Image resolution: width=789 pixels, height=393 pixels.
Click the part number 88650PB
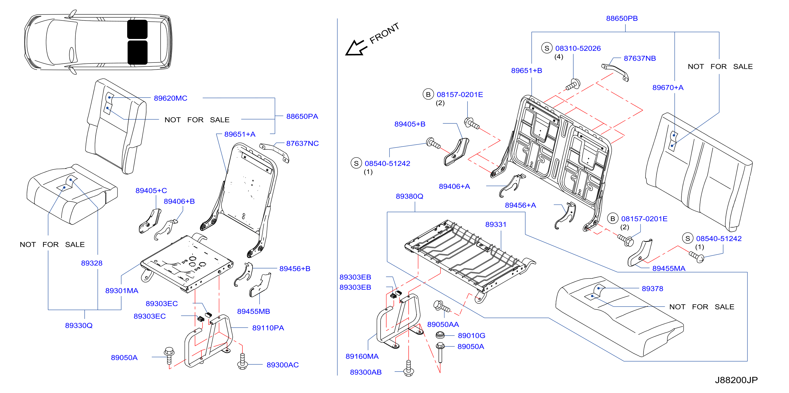[x=622, y=19]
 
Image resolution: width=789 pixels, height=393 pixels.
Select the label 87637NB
[x=640, y=58]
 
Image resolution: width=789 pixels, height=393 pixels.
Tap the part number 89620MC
[x=171, y=98]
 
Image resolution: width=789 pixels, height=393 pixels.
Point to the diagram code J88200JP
[x=736, y=380]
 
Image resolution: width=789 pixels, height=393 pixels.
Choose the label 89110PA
[x=268, y=328]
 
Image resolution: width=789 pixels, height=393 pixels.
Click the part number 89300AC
[x=283, y=365]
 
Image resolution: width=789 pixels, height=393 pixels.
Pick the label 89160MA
[x=362, y=356]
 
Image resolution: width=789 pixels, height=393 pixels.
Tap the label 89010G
[x=471, y=336]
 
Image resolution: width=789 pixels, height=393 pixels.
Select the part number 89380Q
[x=410, y=196]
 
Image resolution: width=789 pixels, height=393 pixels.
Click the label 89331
[x=496, y=225]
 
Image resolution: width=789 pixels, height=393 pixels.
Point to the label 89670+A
[x=668, y=88]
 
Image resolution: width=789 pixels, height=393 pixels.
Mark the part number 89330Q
[x=79, y=325]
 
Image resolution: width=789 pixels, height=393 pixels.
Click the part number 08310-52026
[x=578, y=48]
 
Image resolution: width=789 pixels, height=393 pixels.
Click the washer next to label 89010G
[x=440, y=335]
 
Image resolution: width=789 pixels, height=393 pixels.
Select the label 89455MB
[x=254, y=311]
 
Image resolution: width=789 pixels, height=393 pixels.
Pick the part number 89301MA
[x=122, y=291]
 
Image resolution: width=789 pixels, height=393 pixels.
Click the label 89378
[x=652, y=289]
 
